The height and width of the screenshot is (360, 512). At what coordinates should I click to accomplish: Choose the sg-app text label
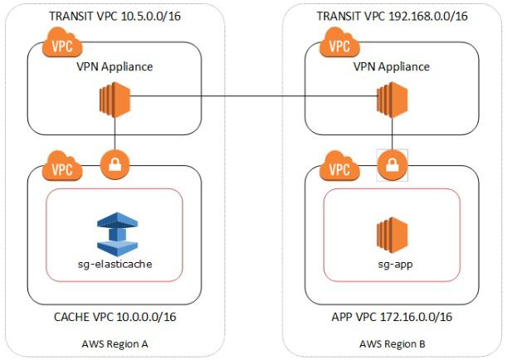[x=392, y=265]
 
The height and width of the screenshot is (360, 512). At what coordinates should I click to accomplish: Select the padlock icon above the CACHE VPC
[x=114, y=164]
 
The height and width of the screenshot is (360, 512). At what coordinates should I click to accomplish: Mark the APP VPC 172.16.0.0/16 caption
[x=390, y=315]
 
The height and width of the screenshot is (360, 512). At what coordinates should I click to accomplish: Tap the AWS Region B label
[x=391, y=343]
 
